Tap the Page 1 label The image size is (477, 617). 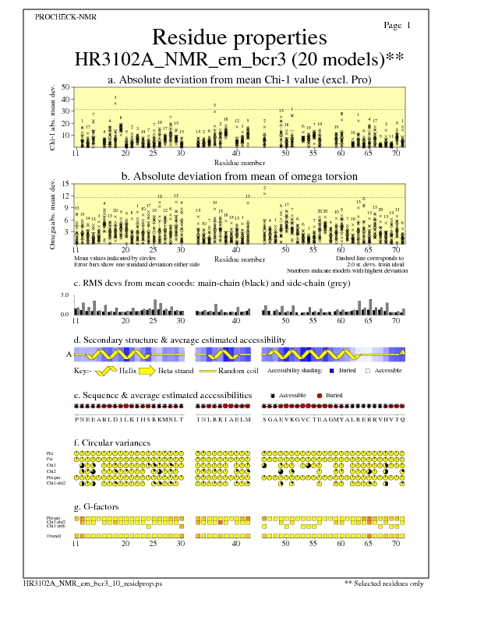coord(397,26)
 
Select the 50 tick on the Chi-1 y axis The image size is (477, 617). coord(65,87)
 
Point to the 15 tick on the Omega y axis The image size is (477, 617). coord(65,185)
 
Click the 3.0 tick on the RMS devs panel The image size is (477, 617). coord(65,296)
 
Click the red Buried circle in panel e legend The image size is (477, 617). coord(320,396)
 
